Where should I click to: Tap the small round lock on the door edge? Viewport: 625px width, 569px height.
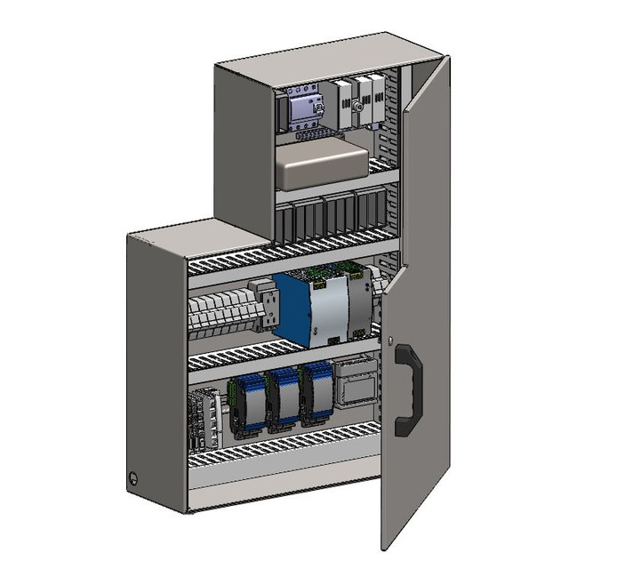click(391, 341)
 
